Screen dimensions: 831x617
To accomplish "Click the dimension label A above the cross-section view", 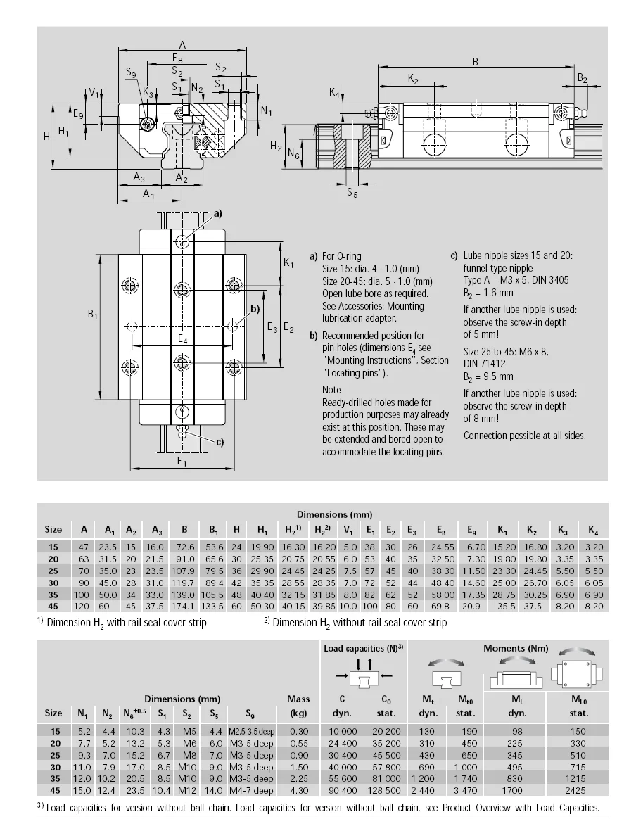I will tap(182, 44).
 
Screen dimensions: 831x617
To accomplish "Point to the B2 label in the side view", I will tap(582, 78).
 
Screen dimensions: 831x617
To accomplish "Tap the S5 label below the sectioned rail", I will tap(352, 194).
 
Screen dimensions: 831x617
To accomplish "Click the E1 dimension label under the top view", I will tap(182, 462).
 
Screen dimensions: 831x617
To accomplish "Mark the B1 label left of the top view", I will tap(92, 316).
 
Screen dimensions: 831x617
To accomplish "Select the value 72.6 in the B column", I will tap(184, 546).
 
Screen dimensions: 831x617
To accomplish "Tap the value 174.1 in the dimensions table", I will tap(184, 606).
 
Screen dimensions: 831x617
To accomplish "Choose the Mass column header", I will tap(298, 699).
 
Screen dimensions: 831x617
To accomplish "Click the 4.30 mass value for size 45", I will tap(299, 790).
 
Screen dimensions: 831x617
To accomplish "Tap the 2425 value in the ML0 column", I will tap(576, 790).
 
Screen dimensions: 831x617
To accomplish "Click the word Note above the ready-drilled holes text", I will tap(331, 389).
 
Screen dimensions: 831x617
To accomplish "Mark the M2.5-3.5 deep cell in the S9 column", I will tap(250, 731).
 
